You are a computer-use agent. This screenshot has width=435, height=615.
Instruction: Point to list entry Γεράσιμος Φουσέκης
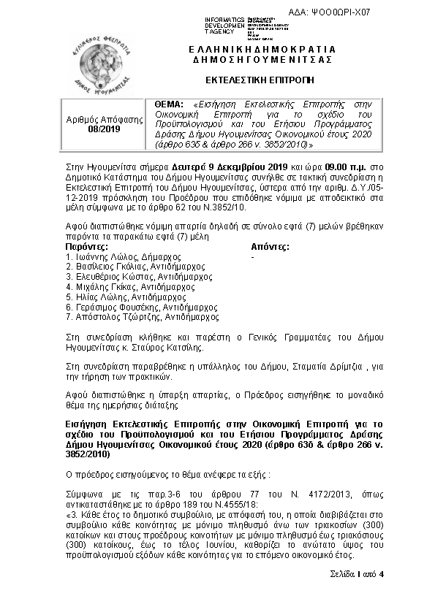(x=109, y=307)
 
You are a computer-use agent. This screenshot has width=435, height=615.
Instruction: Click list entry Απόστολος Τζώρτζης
(x=109, y=318)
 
